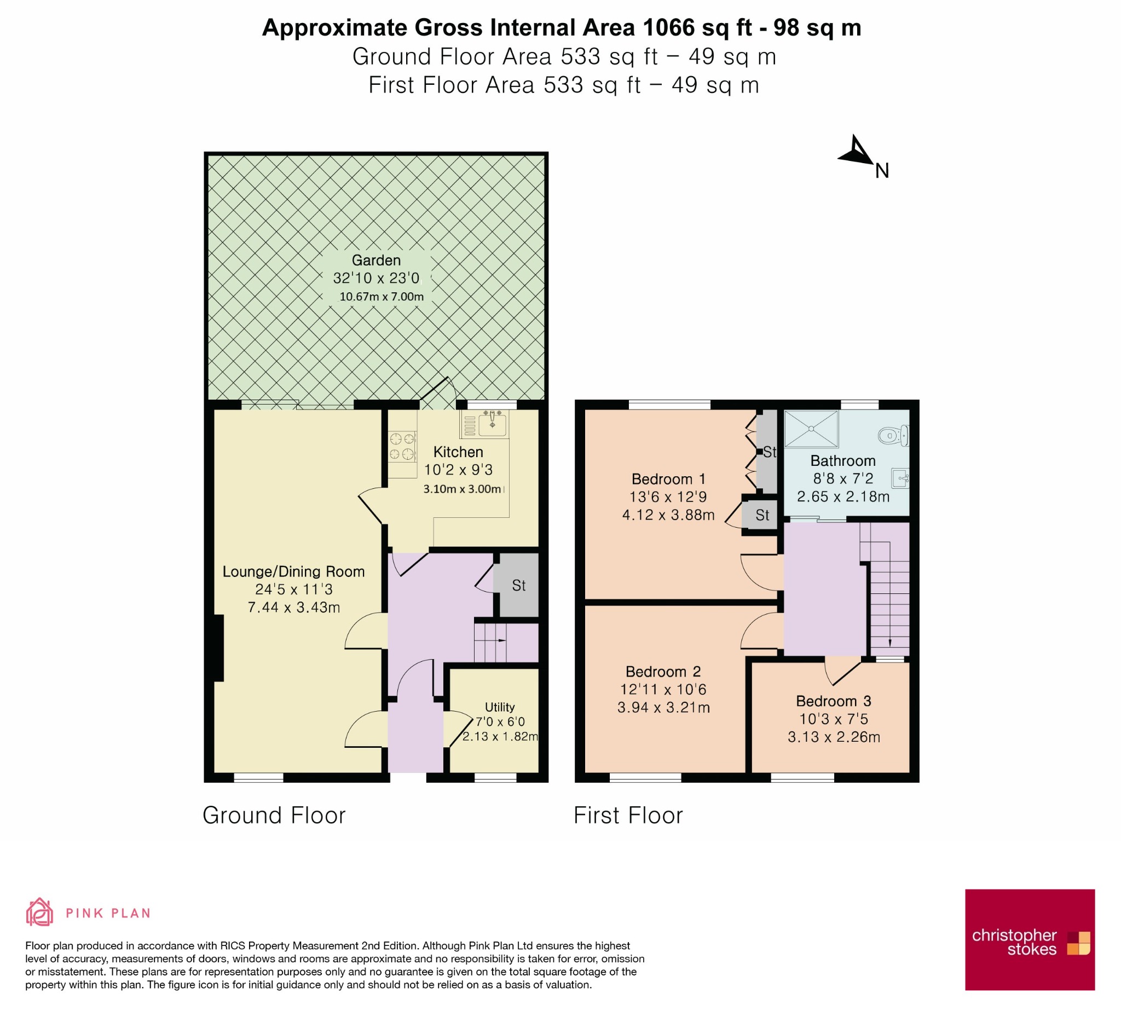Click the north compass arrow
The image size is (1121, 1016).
coord(857,152)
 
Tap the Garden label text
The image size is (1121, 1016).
coord(377,260)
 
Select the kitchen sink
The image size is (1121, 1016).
coord(484,424)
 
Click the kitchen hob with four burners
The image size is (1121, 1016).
coord(402,447)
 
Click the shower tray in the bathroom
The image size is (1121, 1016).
coord(811,429)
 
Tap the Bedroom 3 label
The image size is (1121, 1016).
coord(834,701)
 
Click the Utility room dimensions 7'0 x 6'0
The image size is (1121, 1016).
coord(500,721)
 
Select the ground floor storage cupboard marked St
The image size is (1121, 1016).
coord(519,585)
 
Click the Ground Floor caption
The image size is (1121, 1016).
coord(274,815)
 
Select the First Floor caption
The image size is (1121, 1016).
coord(628,815)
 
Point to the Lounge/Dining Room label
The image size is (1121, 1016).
coord(293,571)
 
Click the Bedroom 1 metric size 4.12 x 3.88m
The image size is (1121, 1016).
coord(668,515)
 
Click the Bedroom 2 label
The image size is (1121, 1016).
coord(663,671)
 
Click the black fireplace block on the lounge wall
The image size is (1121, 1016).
coord(217,647)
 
